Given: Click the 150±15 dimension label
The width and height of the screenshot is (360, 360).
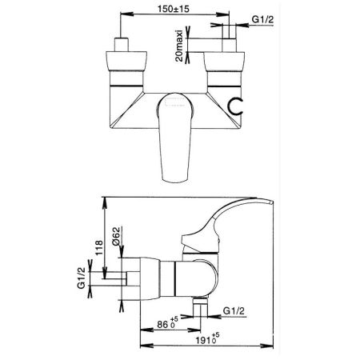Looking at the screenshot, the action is tap(174, 9).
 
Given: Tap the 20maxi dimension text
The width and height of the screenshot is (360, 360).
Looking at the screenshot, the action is tap(179, 46).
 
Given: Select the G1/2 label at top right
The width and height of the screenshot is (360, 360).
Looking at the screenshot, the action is tap(262, 19).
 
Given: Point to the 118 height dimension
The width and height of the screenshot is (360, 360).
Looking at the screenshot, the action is tap(99, 248).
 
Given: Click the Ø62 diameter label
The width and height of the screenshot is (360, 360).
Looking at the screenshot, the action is tap(116, 237).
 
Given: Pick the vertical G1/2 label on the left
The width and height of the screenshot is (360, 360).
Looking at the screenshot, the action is tap(82, 278).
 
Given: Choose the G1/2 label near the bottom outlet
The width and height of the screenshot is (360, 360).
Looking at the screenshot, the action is tap(234, 311).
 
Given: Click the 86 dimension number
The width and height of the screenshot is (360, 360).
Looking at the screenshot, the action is tap(162, 325).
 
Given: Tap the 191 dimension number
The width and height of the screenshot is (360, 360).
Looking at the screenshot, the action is tap(203, 340).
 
